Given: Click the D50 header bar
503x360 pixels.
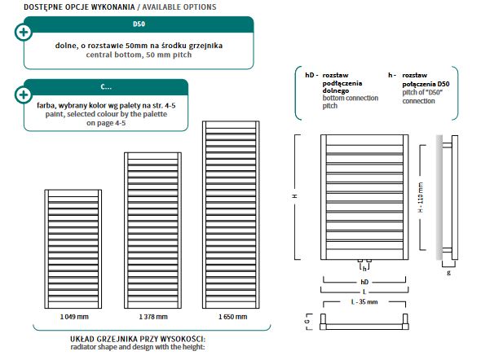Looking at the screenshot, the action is pyautogui.click(x=139, y=24).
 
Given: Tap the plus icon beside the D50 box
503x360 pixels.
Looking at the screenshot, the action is pyautogui.click(x=24, y=32).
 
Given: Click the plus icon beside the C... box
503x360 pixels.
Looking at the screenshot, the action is pyautogui.click(x=24, y=94).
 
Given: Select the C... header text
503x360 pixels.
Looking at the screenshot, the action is pyautogui.click(x=106, y=87).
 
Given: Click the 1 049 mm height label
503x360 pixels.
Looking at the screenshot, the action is pyautogui.click(x=74, y=317).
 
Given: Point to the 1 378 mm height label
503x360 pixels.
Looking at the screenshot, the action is pyautogui.click(x=153, y=317).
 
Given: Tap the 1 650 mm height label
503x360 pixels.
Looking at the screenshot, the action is pyautogui.click(x=232, y=317).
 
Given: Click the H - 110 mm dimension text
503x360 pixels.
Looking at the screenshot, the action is pyautogui.click(x=421, y=197).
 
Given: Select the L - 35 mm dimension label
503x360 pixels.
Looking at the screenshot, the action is pyautogui.click(x=364, y=302).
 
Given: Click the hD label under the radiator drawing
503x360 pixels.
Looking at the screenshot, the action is pyautogui.click(x=364, y=282).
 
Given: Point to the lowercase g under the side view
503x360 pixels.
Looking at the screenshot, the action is pyautogui.click(x=448, y=273).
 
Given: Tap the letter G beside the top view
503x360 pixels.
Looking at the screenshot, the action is pyautogui.click(x=307, y=321).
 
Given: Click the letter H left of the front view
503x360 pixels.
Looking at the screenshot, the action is pyautogui.click(x=295, y=195).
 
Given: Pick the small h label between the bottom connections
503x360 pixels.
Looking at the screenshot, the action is pyautogui.click(x=364, y=269).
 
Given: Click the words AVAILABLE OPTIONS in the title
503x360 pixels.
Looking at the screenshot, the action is pyautogui.click(x=179, y=7).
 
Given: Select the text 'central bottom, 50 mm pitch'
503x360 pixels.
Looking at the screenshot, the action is pyautogui.click(x=139, y=55).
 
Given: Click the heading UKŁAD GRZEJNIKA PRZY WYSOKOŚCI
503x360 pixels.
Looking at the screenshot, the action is pyautogui.click(x=138, y=339).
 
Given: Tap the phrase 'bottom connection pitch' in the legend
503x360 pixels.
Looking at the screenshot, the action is pyautogui.click(x=351, y=102).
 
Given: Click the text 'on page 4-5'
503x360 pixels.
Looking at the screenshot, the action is pyautogui.click(x=106, y=123).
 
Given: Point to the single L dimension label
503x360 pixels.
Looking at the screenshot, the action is pyautogui.click(x=364, y=292).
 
